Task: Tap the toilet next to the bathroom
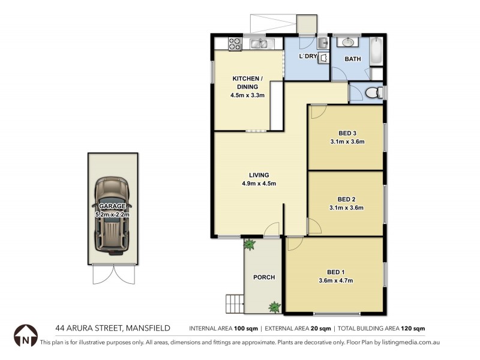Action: (x=373, y=93)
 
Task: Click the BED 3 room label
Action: (x=347, y=133)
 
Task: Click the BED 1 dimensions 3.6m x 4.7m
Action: (x=335, y=280)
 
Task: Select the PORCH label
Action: (x=264, y=277)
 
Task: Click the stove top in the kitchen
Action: (x=235, y=43)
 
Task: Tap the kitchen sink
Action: (x=260, y=43)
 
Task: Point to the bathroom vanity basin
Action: (x=347, y=43)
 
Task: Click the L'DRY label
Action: (x=308, y=57)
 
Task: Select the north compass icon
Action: (x=25, y=336)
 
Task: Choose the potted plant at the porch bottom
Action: (x=275, y=307)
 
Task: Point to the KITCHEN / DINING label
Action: (x=247, y=83)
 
